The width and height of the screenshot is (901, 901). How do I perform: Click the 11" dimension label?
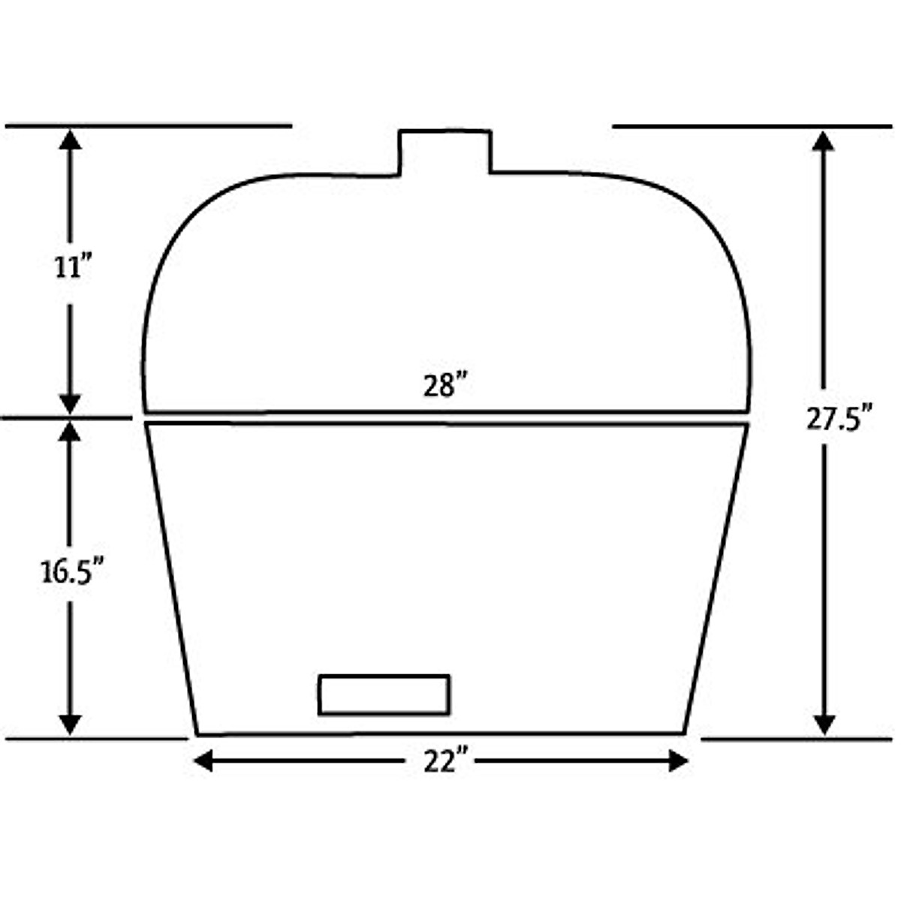click(71, 268)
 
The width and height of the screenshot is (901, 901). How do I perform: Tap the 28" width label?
click(444, 387)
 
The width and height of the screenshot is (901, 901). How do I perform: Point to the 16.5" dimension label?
click(71, 572)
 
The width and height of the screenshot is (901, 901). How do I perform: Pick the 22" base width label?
click(444, 763)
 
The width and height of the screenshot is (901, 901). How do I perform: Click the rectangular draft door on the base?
click(384, 695)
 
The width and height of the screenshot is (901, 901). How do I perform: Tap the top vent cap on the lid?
click(444, 152)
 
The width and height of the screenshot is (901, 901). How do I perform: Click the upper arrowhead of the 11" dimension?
click(70, 140)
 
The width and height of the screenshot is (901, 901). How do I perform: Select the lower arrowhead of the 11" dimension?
click(70, 403)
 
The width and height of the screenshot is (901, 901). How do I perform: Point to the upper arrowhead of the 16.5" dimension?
click(70, 432)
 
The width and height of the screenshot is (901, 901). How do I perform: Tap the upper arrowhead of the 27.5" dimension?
click(824, 142)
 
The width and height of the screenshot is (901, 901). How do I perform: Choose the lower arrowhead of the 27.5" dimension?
click(824, 724)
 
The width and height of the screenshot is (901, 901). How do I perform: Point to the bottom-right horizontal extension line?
click(796, 739)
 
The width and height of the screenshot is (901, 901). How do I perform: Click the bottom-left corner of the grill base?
click(197, 734)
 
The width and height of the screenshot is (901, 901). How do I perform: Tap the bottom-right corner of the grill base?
click(684, 732)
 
